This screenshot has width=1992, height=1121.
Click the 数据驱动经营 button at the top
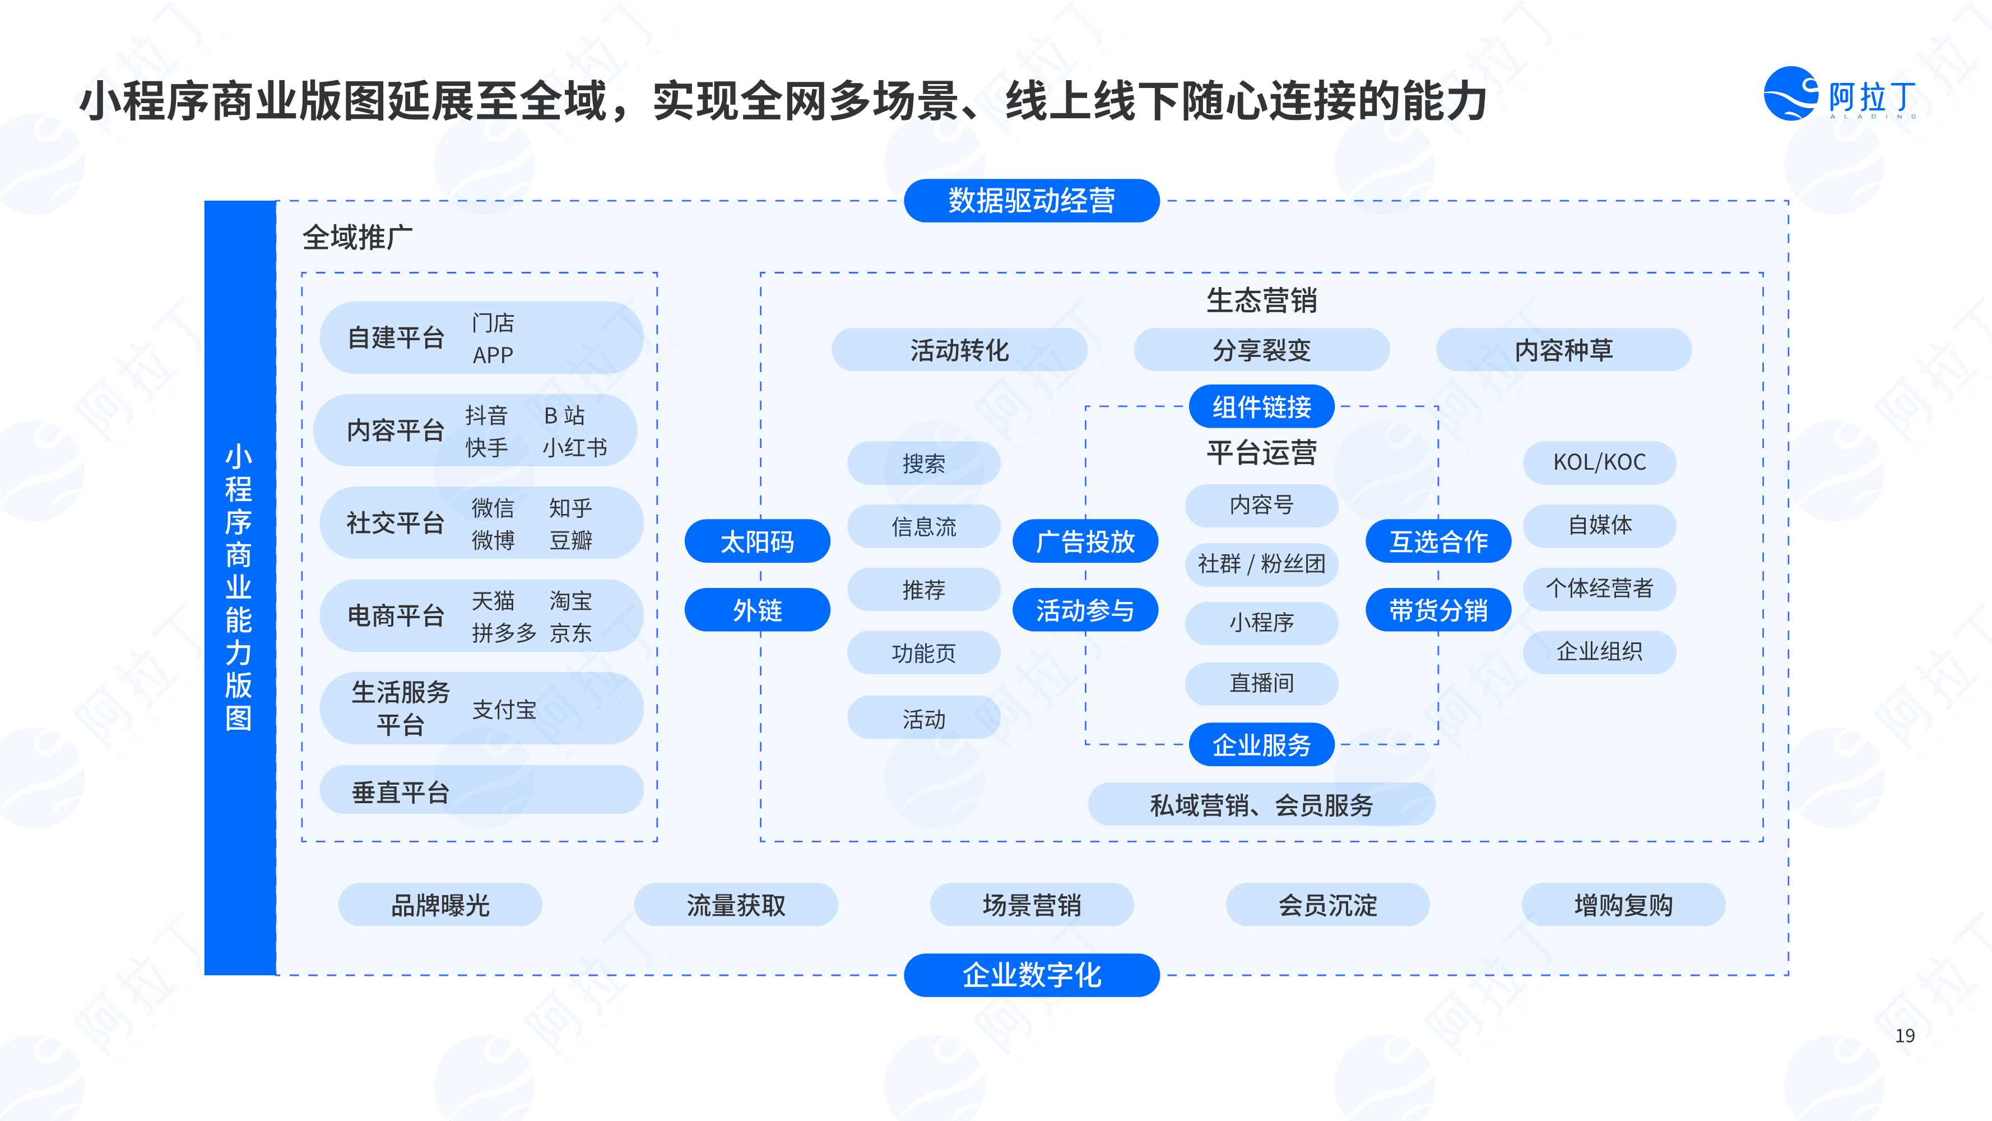[1032, 200]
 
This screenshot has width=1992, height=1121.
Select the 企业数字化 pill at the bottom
[1032, 975]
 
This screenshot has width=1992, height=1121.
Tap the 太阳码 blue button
[757, 541]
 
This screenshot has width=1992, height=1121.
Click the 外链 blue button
[757, 610]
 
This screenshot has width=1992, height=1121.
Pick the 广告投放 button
[1085, 541]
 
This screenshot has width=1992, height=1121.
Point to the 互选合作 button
[1438, 541]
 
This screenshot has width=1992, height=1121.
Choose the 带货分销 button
[1438, 610]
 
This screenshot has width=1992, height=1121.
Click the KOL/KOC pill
[1599, 462]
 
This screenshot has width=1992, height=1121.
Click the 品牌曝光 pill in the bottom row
[440, 905]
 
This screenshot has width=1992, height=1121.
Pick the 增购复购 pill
[1623, 905]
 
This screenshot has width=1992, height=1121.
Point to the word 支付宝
[504, 710]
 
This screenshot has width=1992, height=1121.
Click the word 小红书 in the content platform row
[574, 447]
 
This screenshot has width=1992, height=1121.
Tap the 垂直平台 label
[401, 792]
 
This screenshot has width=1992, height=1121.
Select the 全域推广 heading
[357, 237]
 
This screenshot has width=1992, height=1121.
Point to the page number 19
[1905, 1035]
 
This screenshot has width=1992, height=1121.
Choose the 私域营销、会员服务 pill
[1261, 804]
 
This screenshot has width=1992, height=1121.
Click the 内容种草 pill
[1563, 350]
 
